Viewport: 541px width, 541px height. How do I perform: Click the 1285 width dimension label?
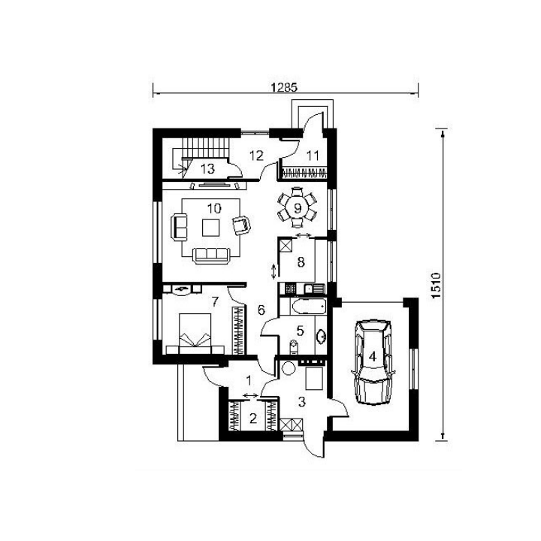pyautogui.click(x=284, y=88)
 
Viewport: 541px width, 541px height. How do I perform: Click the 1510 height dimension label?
pyautogui.click(x=436, y=286)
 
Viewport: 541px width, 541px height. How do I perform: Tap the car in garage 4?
pyautogui.click(x=373, y=361)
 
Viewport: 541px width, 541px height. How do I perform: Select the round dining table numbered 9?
pyautogui.click(x=297, y=208)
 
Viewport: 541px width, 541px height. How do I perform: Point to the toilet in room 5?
pyautogui.click(x=293, y=347)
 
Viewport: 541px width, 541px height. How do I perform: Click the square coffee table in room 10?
pyautogui.click(x=211, y=228)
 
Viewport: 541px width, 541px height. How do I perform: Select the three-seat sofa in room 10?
pyautogui.click(x=211, y=255)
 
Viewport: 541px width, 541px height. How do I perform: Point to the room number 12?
pyautogui.click(x=256, y=156)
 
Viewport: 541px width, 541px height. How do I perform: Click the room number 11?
pyautogui.click(x=313, y=156)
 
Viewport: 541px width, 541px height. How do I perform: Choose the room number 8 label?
pyautogui.click(x=301, y=262)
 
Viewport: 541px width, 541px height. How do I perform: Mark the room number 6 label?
pyautogui.click(x=261, y=310)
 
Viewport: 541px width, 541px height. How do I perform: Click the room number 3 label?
pyautogui.click(x=302, y=401)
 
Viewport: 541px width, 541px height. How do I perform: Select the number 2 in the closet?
pyautogui.click(x=253, y=419)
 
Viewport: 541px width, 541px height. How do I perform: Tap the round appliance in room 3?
pyautogui.click(x=288, y=368)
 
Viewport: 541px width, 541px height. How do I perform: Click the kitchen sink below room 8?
pyautogui.click(x=314, y=288)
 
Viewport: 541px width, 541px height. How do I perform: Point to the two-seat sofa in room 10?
pyautogui.click(x=179, y=227)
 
